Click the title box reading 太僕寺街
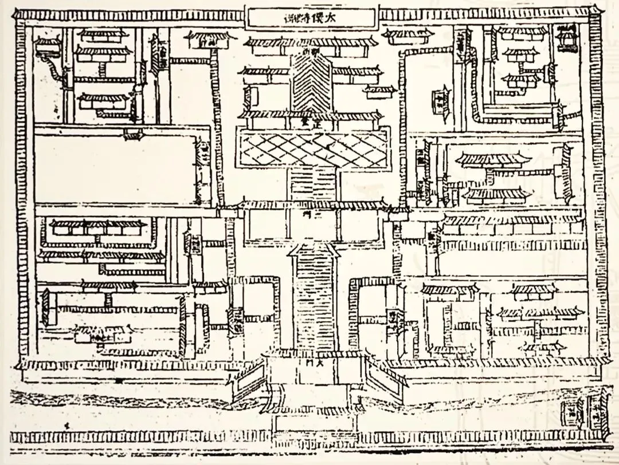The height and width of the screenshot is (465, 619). pos(312,18)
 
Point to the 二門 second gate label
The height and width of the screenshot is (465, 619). pos(312,212)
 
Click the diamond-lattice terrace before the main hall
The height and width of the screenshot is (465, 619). pos(312,148)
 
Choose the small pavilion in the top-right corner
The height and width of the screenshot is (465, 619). pos(566,37)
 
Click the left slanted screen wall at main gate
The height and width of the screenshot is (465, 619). pos(248,381)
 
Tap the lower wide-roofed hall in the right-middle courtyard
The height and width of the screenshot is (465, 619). pos(494,195)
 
